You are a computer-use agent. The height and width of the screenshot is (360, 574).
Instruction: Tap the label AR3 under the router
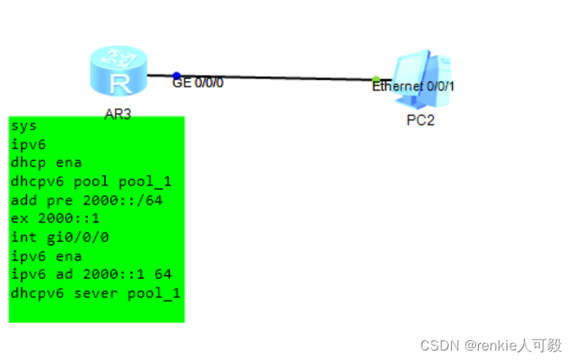pyautogui.click(x=117, y=114)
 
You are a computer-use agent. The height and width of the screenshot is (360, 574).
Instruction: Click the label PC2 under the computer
pyautogui.click(x=420, y=121)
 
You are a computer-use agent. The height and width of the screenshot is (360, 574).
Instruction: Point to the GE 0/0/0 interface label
pyautogui.click(x=198, y=82)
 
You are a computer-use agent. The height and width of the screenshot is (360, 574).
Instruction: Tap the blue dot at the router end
pyautogui.click(x=176, y=76)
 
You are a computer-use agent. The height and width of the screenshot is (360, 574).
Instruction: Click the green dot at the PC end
pyautogui.click(x=376, y=79)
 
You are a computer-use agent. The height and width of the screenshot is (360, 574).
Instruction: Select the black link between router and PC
pyautogui.click(x=277, y=78)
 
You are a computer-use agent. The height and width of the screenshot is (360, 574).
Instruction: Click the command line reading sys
pyautogui.click(x=24, y=125)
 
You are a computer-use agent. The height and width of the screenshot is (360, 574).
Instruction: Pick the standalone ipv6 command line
pyautogui.click(x=29, y=144)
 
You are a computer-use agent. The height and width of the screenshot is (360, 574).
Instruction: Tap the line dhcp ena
pyautogui.click(x=47, y=163)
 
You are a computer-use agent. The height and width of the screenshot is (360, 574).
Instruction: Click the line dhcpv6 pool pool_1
pyautogui.click(x=92, y=181)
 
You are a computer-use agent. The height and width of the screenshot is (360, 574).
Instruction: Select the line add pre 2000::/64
pyautogui.click(x=86, y=200)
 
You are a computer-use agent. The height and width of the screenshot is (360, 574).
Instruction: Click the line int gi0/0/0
pyautogui.click(x=59, y=237)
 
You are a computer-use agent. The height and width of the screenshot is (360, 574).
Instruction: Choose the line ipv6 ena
pyautogui.click(x=47, y=256)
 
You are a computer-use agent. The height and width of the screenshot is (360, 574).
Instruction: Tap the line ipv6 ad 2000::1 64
pyautogui.click(x=92, y=274)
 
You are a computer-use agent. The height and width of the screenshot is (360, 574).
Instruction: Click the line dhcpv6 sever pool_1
pyautogui.click(x=96, y=293)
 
